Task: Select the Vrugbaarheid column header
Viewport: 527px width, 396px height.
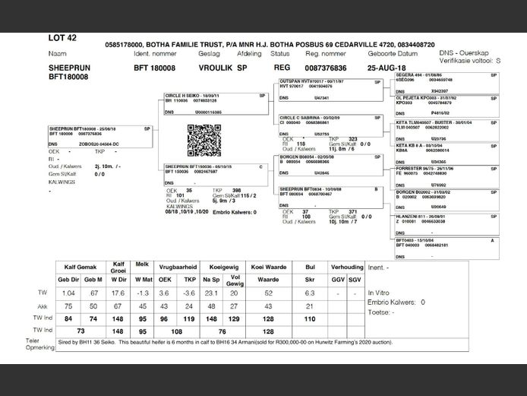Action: [178, 267]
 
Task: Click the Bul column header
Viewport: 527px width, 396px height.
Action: [308, 267]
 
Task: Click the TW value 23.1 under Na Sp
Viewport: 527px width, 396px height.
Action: [211, 293]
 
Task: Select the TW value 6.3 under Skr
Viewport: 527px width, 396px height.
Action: [309, 293]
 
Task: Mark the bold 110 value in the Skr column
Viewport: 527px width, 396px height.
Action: [309, 318]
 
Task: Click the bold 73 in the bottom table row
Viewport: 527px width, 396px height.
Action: [80, 331]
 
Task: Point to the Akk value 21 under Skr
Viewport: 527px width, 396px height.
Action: [309, 306]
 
